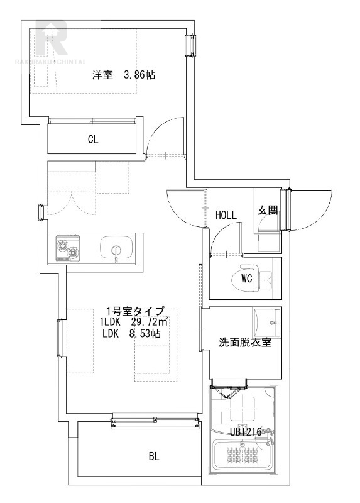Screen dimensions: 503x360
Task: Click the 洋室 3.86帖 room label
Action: pos(124,75)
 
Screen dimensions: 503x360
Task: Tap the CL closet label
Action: pos(93,139)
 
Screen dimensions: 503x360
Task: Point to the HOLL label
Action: pos(226,214)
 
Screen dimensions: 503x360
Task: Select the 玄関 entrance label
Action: pos(267,211)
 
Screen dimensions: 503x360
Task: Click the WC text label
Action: pos(246,279)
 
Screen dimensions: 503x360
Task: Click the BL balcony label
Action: pos(154,457)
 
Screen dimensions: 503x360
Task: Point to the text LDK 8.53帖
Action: pos(131,334)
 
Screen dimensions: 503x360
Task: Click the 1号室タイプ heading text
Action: pos(135,311)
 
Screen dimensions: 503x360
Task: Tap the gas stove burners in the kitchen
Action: pos(68,248)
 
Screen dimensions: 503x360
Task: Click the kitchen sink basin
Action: pos(117,246)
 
